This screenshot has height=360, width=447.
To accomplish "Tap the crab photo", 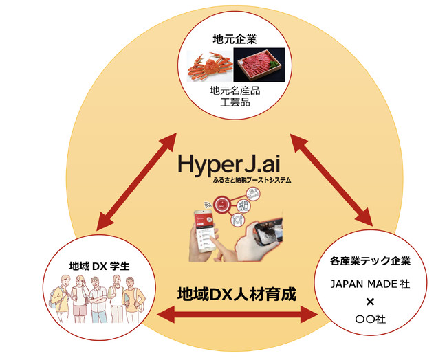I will (x=210, y=67).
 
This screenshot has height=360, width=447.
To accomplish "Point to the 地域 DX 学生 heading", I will (x=91, y=265).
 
